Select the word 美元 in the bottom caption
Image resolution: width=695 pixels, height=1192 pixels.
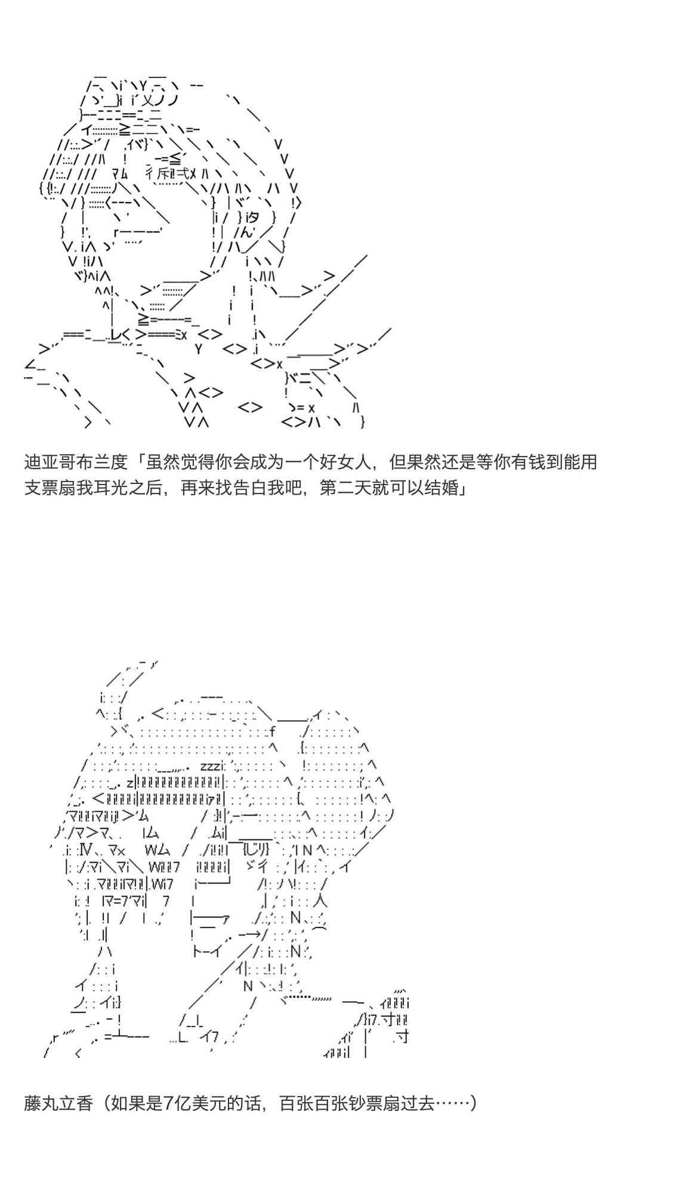click(198, 1103)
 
